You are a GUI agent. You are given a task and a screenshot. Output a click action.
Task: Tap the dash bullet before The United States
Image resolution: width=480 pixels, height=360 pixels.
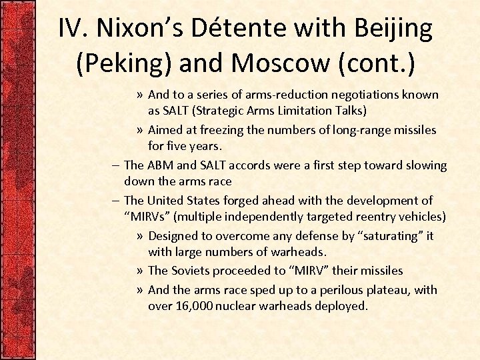pos(117,200)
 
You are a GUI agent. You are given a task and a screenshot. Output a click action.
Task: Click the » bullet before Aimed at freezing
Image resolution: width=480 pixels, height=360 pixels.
pos(139,129)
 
